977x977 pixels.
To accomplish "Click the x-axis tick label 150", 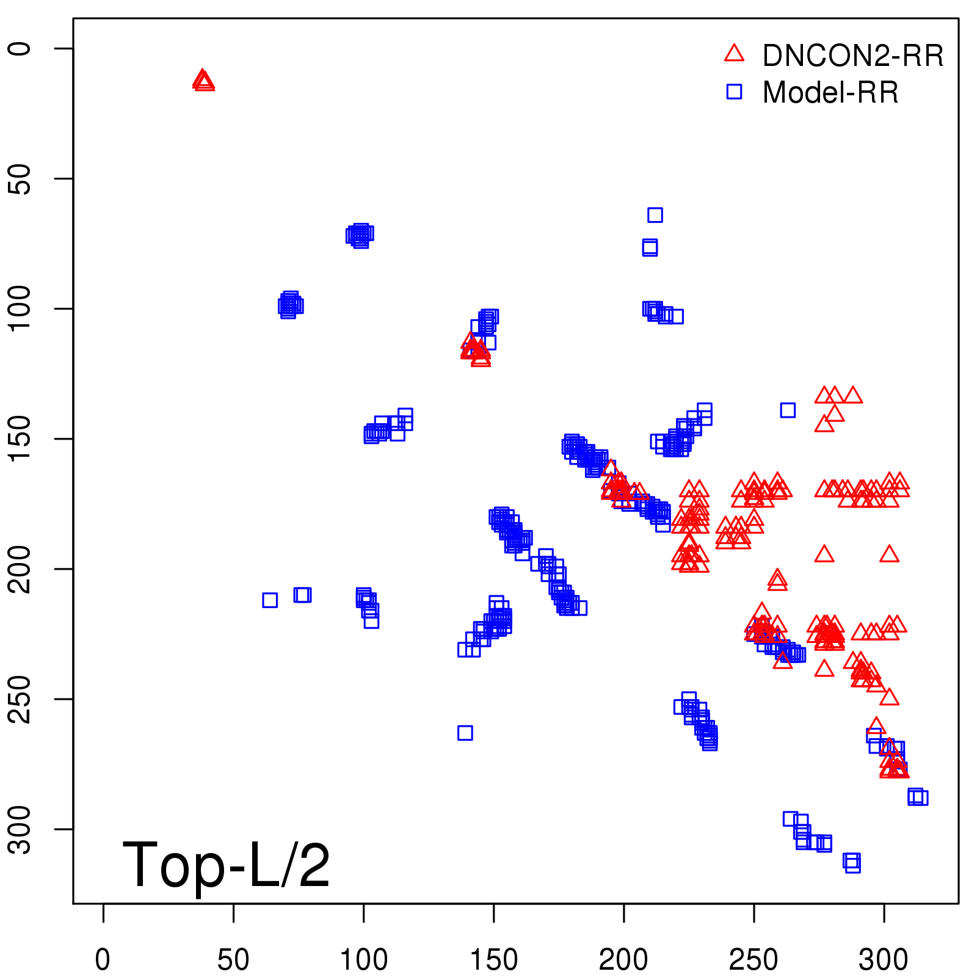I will coord(494,960).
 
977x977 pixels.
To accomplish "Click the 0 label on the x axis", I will coord(103,960).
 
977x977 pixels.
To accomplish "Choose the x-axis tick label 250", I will coord(754,960).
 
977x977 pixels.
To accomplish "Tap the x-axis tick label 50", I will coord(233,960).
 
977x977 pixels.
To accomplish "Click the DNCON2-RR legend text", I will coord(853,56).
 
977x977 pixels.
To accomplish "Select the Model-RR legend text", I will coord(830,93).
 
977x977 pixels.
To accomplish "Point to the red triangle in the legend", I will coord(734,54).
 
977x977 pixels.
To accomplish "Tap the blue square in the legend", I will coord(734,92).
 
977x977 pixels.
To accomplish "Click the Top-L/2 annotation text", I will coord(226,865).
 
